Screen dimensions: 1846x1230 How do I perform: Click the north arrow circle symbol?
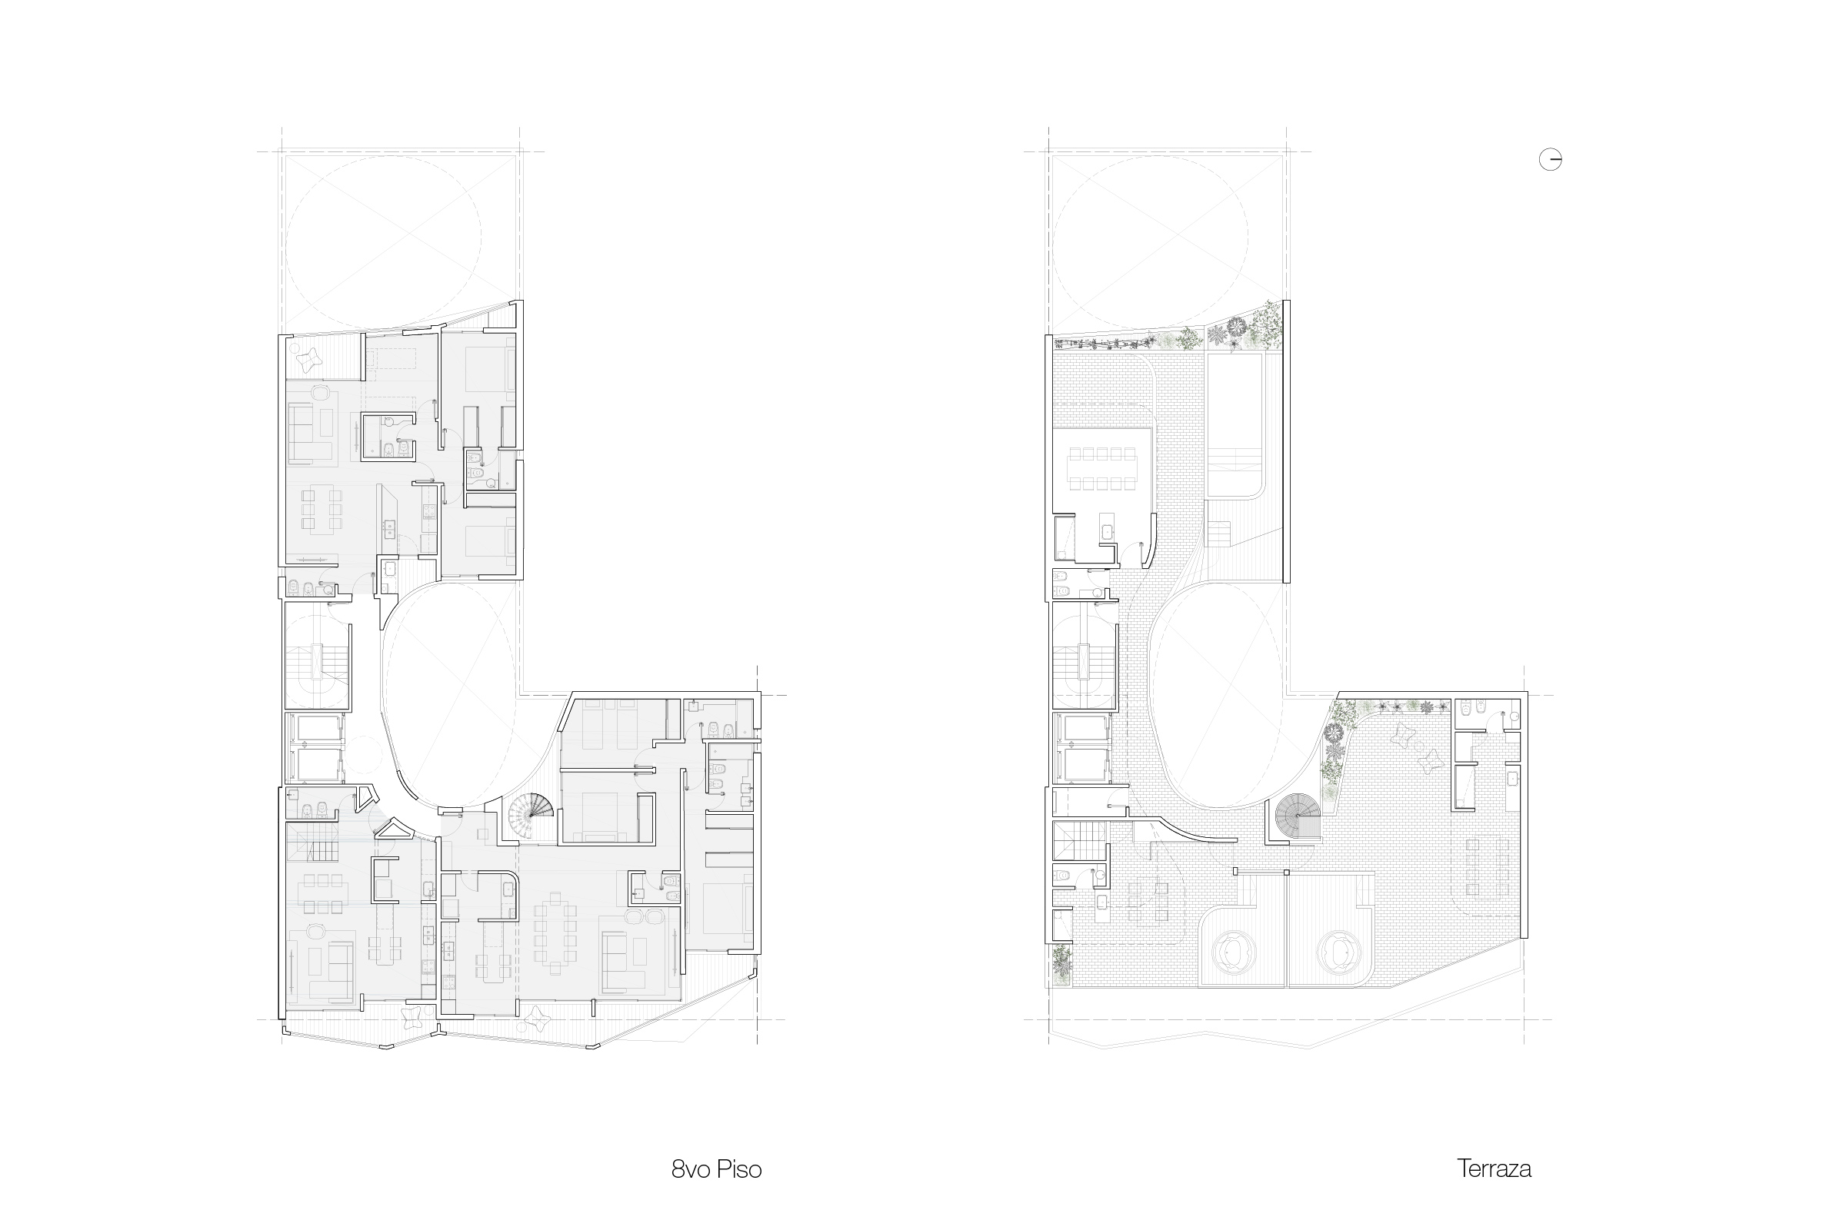pos(1550,160)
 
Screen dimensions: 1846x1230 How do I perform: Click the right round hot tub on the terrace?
pos(1335,952)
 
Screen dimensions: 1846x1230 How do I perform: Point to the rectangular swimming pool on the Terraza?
pos(1235,425)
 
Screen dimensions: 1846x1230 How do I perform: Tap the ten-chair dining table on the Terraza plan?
pos(1102,468)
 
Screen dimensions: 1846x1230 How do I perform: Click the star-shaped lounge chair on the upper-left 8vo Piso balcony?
pos(312,359)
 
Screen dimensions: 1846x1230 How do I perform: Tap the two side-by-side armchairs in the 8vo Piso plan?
pos(645,916)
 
